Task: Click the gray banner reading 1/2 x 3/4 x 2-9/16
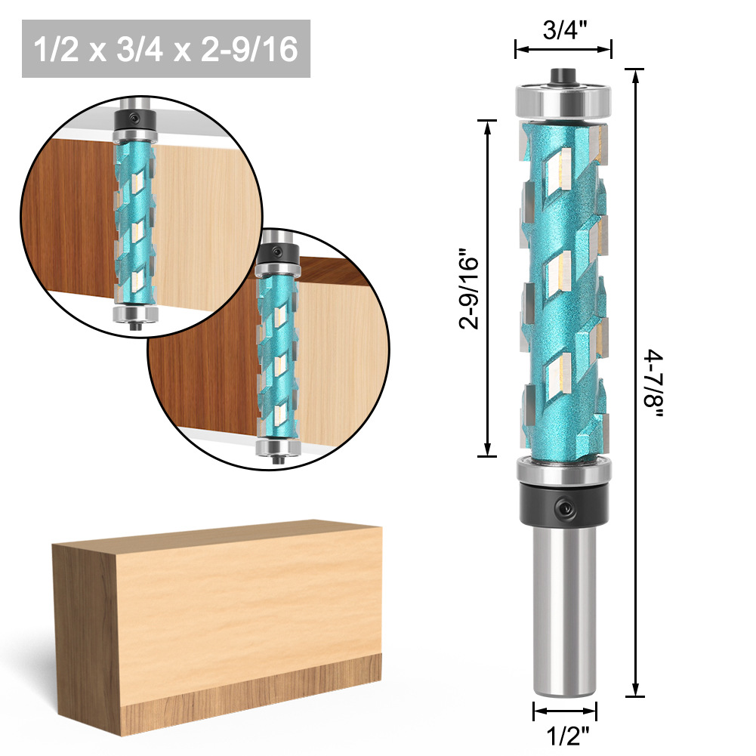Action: coord(166,49)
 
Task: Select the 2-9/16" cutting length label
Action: coord(471,289)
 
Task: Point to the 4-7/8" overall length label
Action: coord(654,385)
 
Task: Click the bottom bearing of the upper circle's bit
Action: coord(137,314)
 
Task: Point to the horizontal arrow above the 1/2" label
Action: coord(565,710)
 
